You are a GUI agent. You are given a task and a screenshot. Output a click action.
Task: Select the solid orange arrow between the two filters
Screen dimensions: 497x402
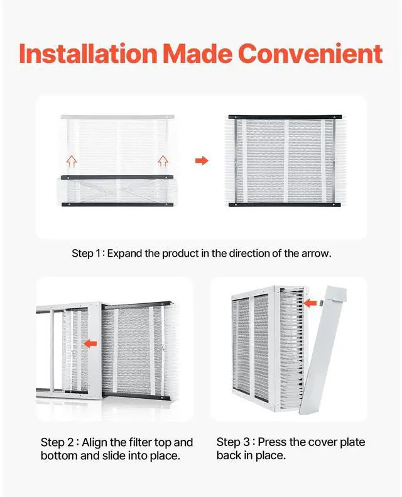(x=201, y=161)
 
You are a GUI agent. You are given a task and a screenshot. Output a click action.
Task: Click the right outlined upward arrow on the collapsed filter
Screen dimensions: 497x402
(x=163, y=161)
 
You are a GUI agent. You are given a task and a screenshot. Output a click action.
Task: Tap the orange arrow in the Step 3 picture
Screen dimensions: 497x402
(x=309, y=303)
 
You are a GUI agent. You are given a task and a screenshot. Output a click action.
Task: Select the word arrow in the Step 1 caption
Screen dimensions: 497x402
(x=317, y=254)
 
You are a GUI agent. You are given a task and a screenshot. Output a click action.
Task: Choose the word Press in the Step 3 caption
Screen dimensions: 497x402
(x=271, y=442)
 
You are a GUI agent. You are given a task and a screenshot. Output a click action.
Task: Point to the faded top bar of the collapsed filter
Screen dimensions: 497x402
(x=116, y=117)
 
